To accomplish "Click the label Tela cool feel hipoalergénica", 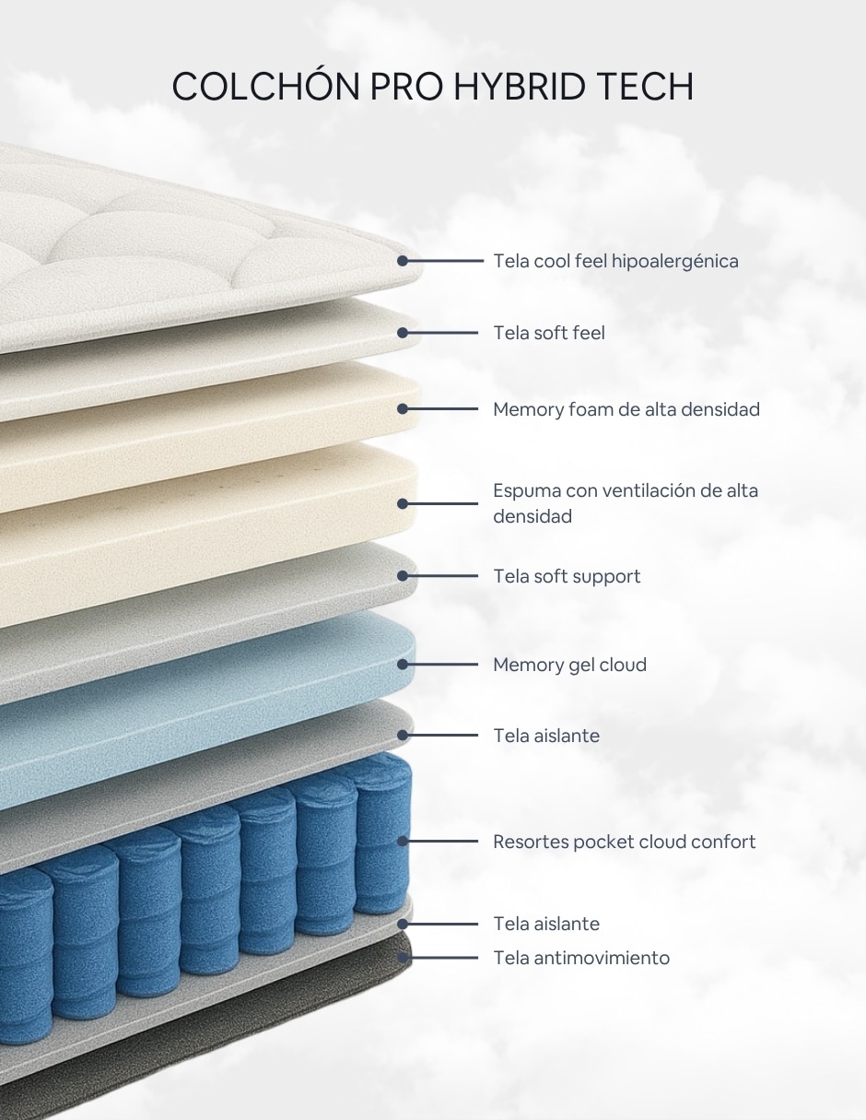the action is coord(615,261).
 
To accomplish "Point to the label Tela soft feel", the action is coord(549,333).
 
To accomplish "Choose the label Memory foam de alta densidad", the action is coord(626,409).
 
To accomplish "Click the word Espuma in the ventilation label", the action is coord(526,491).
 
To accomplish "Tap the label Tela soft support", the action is coord(567,576).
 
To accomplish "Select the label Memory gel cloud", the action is coord(569,665).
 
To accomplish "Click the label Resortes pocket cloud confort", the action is coord(624,842).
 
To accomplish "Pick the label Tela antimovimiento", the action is coord(581,958).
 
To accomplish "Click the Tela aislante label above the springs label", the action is coord(546,736).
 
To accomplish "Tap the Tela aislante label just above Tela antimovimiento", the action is coord(546,924).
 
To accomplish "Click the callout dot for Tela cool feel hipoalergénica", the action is coord(403,261).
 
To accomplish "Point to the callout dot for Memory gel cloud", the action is coord(403,665).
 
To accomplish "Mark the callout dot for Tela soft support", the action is coord(403,576).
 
